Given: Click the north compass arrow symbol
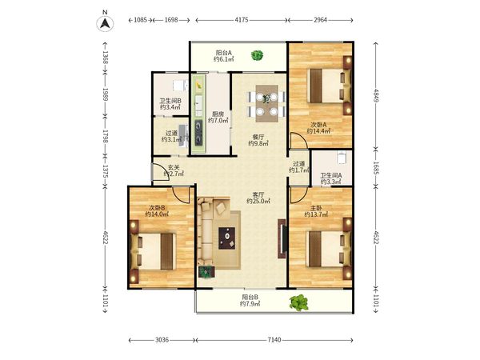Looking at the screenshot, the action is (105, 23).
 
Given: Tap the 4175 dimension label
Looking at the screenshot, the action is (242, 20).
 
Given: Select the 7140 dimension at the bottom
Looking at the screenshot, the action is (274, 340).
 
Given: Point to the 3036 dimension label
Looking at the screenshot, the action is (162, 340).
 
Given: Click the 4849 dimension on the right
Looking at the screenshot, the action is (376, 96).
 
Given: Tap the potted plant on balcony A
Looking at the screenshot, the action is (257, 55).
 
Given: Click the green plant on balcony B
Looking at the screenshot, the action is (298, 302).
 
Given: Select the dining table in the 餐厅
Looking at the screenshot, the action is (267, 104).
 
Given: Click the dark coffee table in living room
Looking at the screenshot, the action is (227, 238).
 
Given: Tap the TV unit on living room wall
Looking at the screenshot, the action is (282, 238).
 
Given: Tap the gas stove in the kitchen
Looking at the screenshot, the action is (198, 133).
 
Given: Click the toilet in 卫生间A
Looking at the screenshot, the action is (342, 158).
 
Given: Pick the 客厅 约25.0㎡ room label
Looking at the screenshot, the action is (258, 198).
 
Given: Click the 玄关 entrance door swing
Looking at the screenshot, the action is (160, 172).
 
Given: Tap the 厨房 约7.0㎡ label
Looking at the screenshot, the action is (218, 118).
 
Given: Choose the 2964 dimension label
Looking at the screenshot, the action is (320, 20).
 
